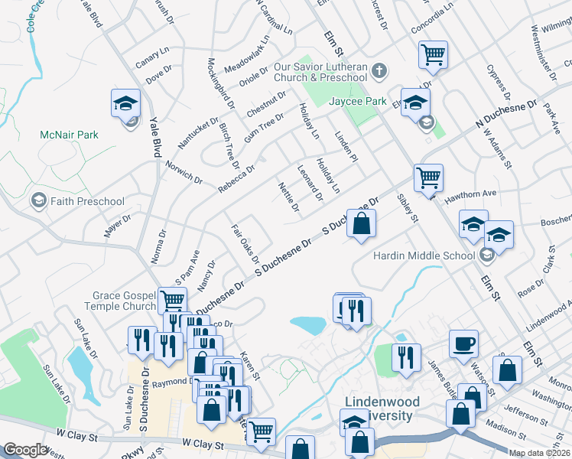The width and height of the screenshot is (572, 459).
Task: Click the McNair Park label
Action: (x=69, y=135)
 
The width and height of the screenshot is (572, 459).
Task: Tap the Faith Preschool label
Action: (x=86, y=201)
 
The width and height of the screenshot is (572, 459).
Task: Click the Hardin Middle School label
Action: (x=424, y=256)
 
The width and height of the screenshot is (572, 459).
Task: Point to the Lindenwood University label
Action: (x=379, y=409)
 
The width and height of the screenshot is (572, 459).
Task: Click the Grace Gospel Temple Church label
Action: (x=124, y=301)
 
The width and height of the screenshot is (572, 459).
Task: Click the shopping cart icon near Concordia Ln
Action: (x=433, y=55)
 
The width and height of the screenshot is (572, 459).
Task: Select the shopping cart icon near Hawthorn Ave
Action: (x=428, y=177)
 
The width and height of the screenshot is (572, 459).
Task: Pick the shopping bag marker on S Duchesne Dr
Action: (x=362, y=224)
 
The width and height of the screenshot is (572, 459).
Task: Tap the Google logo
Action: (x=25, y=450)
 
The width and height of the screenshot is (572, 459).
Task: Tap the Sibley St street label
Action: (x=408, y=208)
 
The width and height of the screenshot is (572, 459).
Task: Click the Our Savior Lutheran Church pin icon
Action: (x=379, y=71)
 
